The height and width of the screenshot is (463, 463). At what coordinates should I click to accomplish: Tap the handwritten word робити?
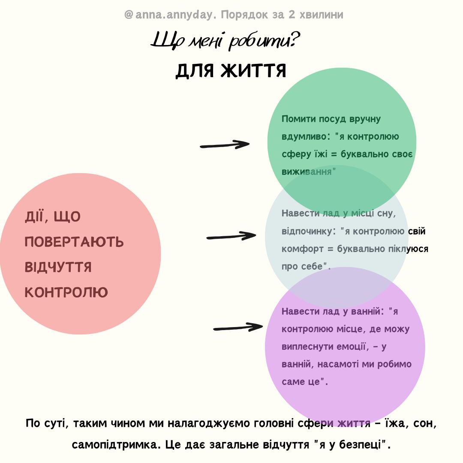tap(264, 41)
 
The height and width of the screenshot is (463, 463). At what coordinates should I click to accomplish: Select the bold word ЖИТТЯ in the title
tap(254, 71)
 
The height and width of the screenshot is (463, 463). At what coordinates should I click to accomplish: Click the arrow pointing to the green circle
tap(225, 145)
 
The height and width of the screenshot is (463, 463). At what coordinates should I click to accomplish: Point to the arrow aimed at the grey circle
tap(231, 236)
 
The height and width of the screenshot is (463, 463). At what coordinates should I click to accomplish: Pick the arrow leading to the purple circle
tap(238, 327)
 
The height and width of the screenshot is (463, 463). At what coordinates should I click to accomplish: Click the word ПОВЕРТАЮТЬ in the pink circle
tap(74, 242)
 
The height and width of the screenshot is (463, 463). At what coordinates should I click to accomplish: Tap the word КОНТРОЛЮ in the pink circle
tap(66, 292)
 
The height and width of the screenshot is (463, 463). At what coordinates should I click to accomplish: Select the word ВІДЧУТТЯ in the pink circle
tap(58, 267)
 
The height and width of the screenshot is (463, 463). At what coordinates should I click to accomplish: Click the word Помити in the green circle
tap(298, 119)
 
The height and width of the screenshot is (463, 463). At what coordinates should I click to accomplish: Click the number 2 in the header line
tap(292, 15)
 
